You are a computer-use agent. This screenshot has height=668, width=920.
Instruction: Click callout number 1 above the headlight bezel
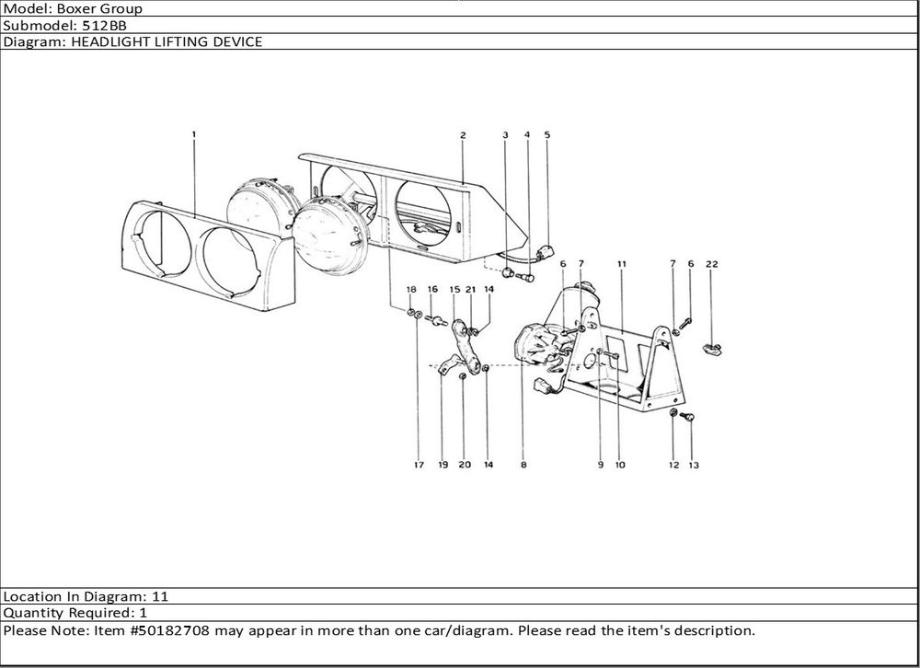point(194,135)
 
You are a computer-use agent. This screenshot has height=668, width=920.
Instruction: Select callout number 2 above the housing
point(463,135)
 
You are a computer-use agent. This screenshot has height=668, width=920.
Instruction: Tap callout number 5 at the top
point(547,135)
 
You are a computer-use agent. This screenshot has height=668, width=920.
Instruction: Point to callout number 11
point(622,264)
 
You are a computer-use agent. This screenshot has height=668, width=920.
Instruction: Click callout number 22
point(712,264)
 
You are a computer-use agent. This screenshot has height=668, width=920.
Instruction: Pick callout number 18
point(410,289)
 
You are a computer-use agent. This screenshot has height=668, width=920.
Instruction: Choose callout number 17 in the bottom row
point(419,465)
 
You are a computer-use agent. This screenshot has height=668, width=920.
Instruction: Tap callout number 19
point(443,465)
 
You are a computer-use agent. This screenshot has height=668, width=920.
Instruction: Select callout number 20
point(465,465)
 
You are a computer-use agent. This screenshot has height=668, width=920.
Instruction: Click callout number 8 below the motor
point(523,465)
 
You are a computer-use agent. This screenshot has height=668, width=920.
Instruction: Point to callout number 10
point(620,465)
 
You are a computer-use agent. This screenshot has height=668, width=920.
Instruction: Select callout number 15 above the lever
point(454,289)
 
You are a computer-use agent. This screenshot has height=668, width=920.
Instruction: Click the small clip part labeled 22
point(712,348)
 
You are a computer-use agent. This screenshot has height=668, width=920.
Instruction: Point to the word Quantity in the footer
point(33,612)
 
